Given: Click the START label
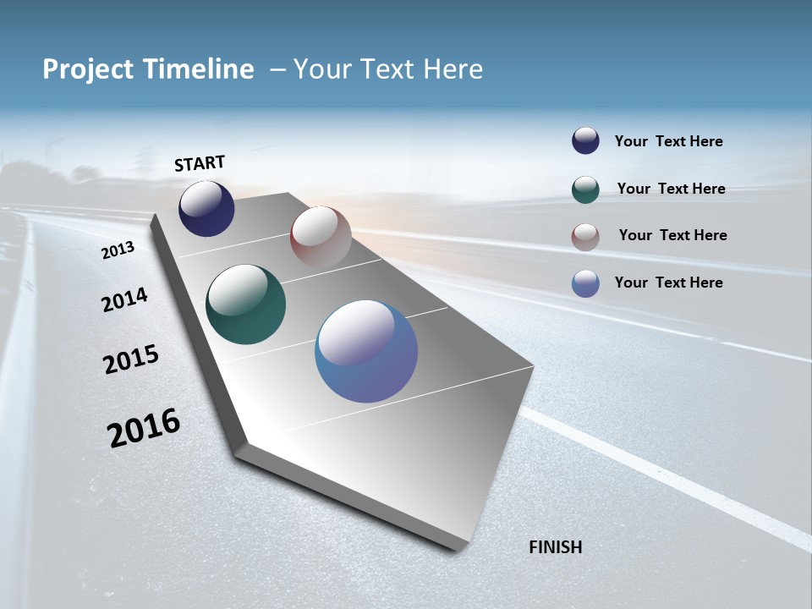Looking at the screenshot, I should click(x=200, y=163).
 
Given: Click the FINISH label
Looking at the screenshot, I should click(x=555, y=547).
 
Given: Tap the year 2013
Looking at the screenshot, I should click(x=118, y=250).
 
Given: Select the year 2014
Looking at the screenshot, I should click(x=124, y=299).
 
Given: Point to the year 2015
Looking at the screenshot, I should click(x=131, y=359).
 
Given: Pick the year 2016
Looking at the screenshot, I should click(x=144, y=427).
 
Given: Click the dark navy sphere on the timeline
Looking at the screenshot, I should click(x=206, y=209).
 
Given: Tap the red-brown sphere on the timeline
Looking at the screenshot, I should click(x=321, y=237).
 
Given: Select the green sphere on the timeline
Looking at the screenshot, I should click(x=245, y=304).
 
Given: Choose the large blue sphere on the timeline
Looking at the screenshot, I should click(x=366, y=351).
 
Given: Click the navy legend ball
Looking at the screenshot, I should click(x=585, y=141).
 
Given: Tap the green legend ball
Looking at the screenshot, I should click(x=585, y=189).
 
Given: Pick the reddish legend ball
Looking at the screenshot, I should click(x=585, y=237).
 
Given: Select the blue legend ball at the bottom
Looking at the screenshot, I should click(x=585, y=283).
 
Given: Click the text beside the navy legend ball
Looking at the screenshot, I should click(x=668, y=141).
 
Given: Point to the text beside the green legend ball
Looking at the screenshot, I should click(x=671, y=189).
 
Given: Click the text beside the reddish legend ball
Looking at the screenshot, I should click(x=672, y=235).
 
